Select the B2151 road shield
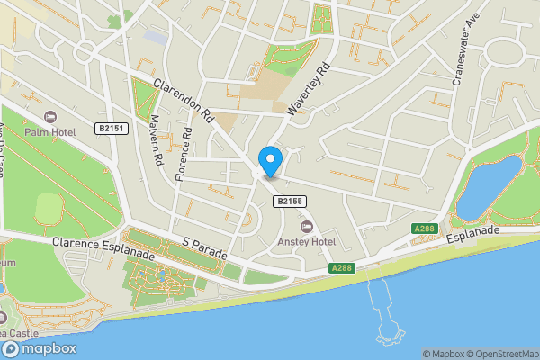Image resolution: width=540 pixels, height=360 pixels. coord(112,130)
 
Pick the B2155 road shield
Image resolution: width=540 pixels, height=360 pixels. coord(288,202)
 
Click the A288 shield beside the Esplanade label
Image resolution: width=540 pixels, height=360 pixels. coord(425,229)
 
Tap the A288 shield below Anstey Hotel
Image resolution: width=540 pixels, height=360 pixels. coord(341,267)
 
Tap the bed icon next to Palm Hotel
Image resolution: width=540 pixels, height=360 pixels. coord(49,117)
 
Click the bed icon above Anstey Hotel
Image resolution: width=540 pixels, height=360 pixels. coord(306,227)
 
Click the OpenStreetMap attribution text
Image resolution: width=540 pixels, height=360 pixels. coord(499,354)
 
